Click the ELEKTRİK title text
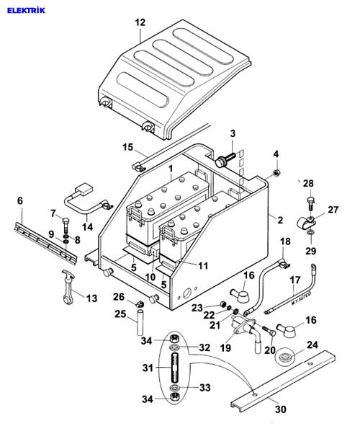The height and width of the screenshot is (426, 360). pyautogui.click(x=26, y=10)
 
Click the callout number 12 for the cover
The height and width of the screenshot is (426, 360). pyautogui.click(x=140, y=22)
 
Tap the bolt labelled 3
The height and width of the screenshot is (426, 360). pyautogui.click(x=225, y=160)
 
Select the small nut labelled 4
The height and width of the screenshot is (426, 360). pyautogui.click(x=276, y=172)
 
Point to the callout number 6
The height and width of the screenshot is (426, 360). pyautogui.click(x=20, y=201)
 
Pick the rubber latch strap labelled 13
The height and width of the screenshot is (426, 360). pyautogui.click(x=68, y=287)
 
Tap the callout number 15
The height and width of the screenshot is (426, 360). pyautogui.click(x=127, y=147)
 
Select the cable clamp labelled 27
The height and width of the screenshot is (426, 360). pyautogui.click(x=306, y=223)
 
